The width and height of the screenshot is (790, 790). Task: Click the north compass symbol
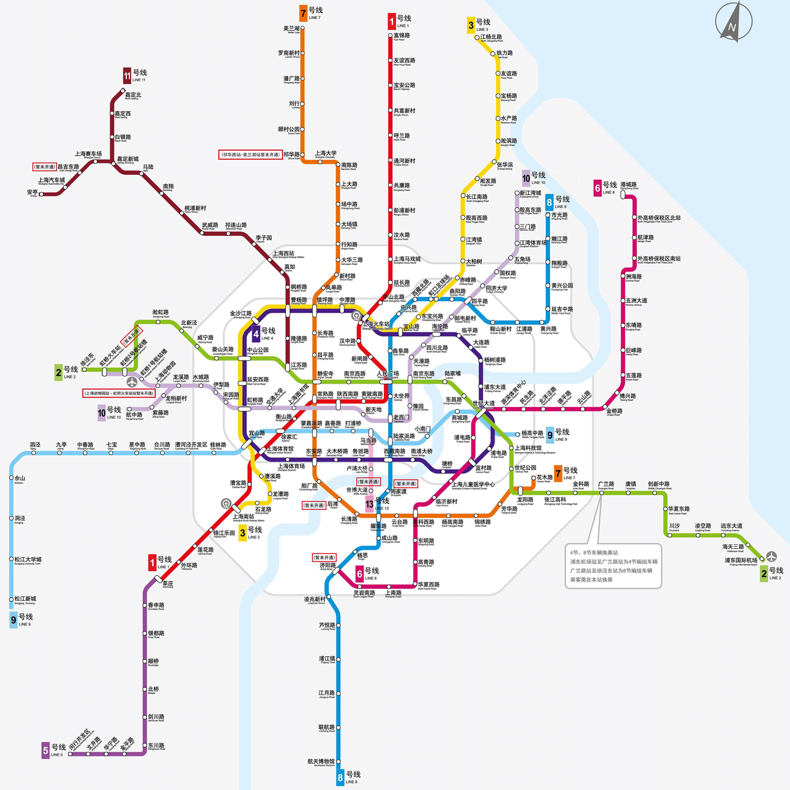click(734, 22)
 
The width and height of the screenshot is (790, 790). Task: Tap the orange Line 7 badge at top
click(303, 13)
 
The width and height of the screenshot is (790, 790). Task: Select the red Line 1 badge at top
click(392, 21)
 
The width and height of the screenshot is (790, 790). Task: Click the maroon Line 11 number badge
click(127, 76)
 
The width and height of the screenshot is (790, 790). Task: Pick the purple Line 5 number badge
click(46, 750)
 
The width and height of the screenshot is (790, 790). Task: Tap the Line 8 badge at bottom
click(340, 777)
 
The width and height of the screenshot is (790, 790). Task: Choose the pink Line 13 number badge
click(369, 505)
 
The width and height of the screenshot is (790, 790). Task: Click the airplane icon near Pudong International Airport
click(771, 556)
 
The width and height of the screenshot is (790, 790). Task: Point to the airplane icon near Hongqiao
click(132, 381)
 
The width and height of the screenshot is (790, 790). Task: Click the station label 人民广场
click(388, 373)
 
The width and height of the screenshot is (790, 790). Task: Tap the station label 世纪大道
click(483, 403)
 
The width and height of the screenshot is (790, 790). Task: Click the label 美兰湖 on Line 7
click(291, 28)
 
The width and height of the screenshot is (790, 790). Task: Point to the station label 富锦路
click(402, 35)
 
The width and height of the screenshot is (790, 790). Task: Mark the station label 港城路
click(628, 185)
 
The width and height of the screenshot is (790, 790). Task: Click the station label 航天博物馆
click(321, 761)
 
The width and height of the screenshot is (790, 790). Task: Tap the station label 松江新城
click(25, 599)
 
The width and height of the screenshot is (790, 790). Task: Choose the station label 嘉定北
click(133, 95)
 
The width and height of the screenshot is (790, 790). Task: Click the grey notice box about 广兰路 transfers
click(613, 566)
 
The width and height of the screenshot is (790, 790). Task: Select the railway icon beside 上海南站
click(226, 503)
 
